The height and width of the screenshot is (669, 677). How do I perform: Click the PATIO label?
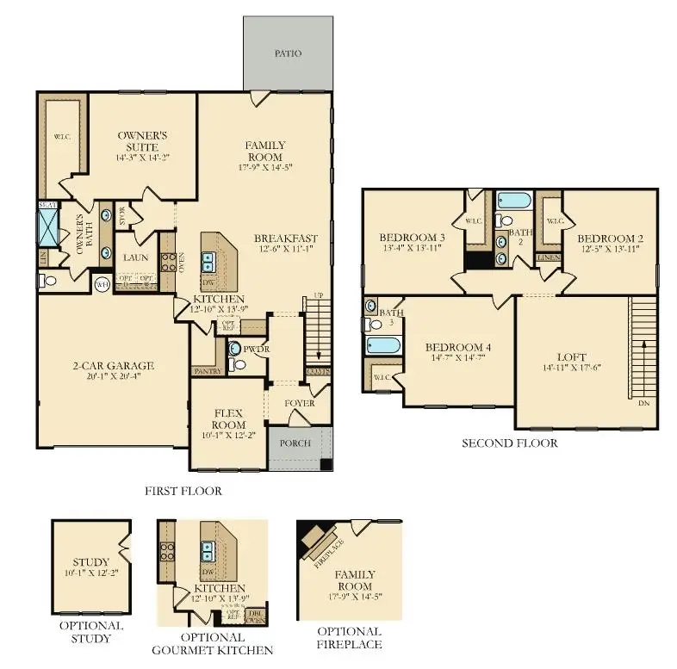(x=288, y=53)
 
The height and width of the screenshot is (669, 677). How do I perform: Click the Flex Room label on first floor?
(x=228, y=419)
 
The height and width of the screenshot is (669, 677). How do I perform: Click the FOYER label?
(x=300, y=403)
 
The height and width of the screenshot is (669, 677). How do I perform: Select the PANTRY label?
(x=207, y=371)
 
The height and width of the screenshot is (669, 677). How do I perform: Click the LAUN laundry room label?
(x=136, y=257)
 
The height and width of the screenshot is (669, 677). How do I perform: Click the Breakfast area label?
(x=286, y=238)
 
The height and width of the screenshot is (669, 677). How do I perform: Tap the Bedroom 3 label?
(x=412, y=238)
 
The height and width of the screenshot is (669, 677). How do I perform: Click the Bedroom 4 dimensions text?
(x=457, y=358)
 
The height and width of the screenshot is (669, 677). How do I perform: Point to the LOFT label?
(x=572, y=356)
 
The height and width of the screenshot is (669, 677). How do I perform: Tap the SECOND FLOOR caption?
(x=509, y=443)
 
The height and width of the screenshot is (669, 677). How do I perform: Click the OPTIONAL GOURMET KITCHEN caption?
(x=211, y=643)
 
